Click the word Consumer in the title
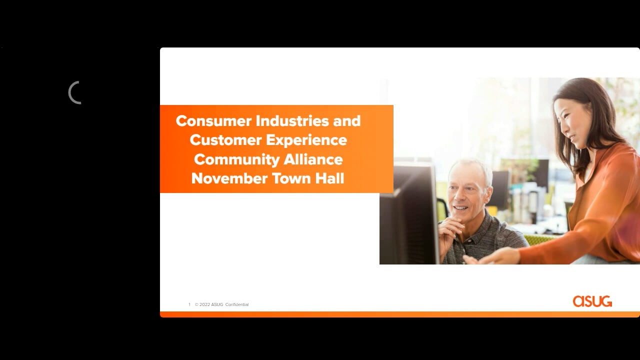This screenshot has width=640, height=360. click(x=213, y=121)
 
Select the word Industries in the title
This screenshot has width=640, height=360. click(x=292, y=120)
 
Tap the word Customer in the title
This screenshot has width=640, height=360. click(x=225, y=140)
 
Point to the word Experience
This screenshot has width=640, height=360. click(x=306, y=140)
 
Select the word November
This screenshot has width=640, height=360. click(x=229, y=178)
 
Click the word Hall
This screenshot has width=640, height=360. click(x=329, y=178)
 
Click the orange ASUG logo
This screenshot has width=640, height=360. click(x=592, y=301)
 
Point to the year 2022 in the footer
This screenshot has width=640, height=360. click(x=204, y=304)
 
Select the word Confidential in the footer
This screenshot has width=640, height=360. click(x=237, y=304)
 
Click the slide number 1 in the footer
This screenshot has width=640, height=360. click(x=189, y=304)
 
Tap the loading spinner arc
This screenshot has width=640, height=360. click(x=69, y=93)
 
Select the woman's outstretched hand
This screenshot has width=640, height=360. click(x=491, y=256)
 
